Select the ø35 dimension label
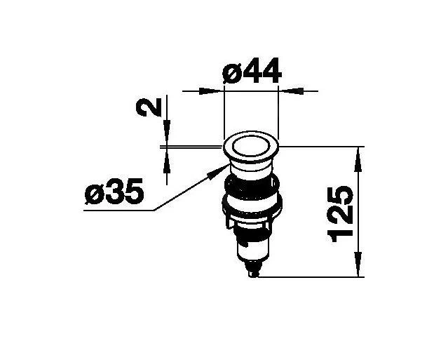click(x=114, y=192)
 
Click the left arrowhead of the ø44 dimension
click(x=215, y=91)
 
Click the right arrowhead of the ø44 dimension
click(x=287, y=91)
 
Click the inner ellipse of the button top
click(x=251, y=148)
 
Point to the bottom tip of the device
click(x=254, y=275)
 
